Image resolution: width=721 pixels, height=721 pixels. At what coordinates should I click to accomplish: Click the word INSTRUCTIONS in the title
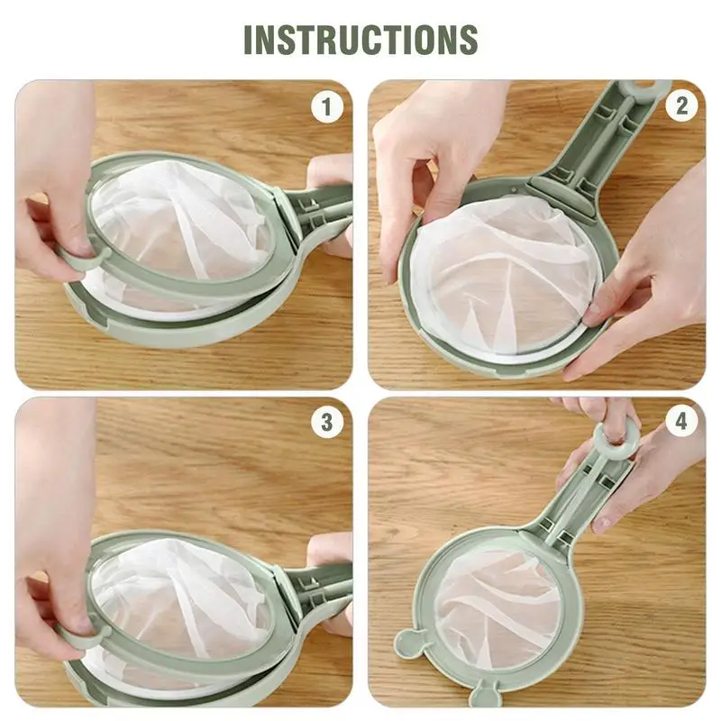tap(360, 39)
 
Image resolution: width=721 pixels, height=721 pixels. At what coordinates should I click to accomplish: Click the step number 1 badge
tap(327, 107)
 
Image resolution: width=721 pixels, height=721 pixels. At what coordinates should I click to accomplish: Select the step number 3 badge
tap(327, 422)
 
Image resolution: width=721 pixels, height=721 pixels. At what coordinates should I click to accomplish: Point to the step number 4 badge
tap(681, 422)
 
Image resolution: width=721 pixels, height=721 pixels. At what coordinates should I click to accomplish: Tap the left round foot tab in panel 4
tap(408, 643)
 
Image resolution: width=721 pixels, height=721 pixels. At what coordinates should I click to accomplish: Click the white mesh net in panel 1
tap(180, 225)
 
